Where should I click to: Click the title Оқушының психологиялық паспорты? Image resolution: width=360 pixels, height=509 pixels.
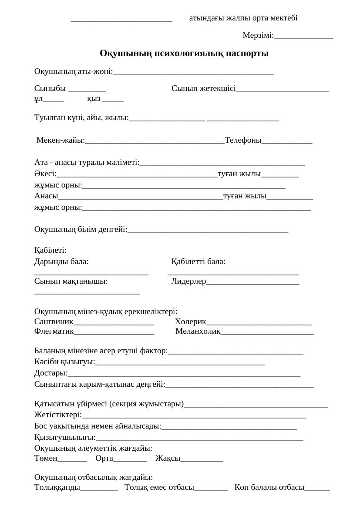184,54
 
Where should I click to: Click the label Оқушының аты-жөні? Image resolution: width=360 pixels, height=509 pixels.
73,71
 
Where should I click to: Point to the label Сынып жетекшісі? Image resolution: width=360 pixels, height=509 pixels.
203,89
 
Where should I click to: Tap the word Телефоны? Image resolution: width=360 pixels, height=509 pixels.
243,140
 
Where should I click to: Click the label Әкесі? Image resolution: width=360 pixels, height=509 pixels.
45,174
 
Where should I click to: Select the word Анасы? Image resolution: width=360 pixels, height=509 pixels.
46,196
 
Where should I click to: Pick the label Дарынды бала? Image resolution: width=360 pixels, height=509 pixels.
61,262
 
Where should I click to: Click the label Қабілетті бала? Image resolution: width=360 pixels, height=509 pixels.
198,262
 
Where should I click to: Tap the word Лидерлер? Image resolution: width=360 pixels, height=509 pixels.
188,281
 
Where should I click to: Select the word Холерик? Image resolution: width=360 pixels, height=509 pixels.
190,322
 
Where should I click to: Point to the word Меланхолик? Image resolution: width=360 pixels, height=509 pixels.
198,332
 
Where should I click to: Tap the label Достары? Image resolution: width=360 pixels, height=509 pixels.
50,373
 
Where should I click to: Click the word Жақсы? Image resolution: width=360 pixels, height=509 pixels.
168,458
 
